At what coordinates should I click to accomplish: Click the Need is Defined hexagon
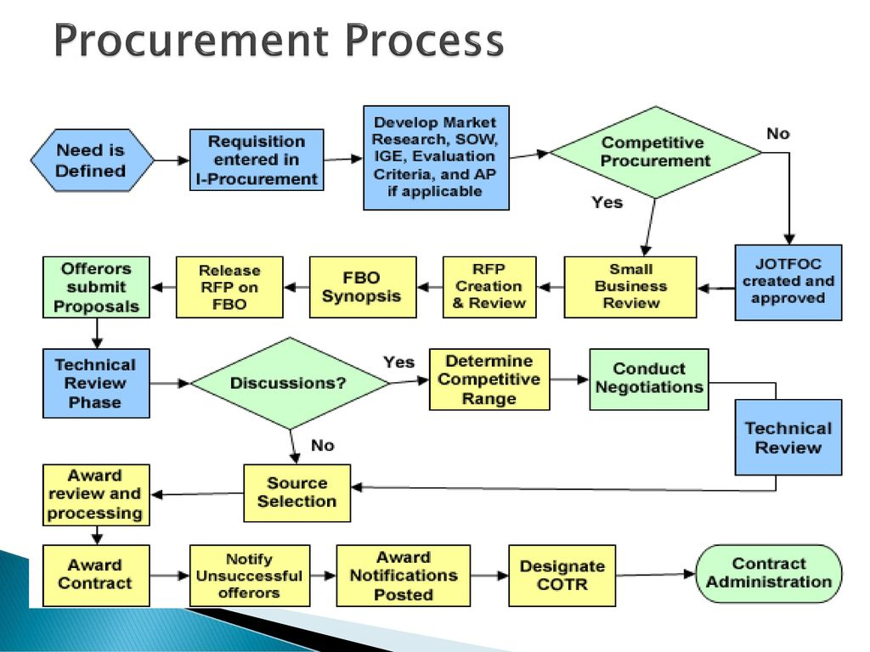click(92, 160)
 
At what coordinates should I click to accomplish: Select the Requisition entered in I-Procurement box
click(256, 160)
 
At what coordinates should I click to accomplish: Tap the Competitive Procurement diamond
click(655, 152)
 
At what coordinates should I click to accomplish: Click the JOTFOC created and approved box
click(788, 282)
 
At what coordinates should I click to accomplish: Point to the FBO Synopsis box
click(362, 287)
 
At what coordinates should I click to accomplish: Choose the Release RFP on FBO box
click(229, 287)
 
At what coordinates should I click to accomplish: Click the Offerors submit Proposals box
click(96, 287)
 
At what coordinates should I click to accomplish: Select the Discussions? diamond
click(289, 383)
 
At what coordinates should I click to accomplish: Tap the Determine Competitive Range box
click(489, 379)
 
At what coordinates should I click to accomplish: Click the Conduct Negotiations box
click(649, 379)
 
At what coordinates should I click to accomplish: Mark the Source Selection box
click(297, 492)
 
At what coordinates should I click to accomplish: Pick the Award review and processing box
click(96, 494)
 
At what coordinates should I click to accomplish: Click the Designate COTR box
click(562, 575)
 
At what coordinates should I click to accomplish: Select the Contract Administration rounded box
click(769, 573)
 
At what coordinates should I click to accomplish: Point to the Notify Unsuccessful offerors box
click(249, 575)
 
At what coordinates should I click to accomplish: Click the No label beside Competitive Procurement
click(777, 133)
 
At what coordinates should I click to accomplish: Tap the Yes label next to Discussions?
click(398, 362)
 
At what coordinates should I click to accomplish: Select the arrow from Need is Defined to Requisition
click(171, 160)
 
